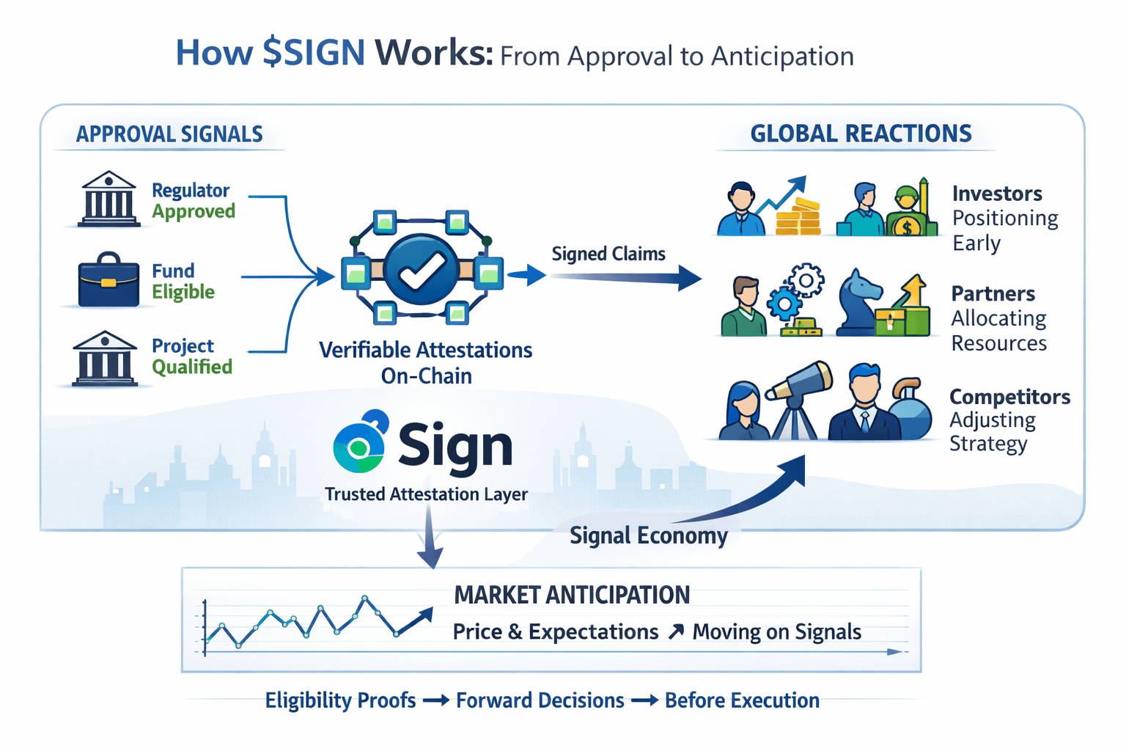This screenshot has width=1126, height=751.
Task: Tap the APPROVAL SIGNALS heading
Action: [169, 134]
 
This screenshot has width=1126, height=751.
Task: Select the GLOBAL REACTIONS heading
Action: [861, 133]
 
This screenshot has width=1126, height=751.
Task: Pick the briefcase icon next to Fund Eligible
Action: [108, 281]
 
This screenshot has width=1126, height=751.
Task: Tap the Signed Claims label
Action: [608, 254]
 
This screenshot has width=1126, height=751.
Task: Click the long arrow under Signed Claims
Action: [623, 278]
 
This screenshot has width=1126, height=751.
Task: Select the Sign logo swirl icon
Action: [359, 443]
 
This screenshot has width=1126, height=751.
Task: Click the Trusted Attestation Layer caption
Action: [426, 494]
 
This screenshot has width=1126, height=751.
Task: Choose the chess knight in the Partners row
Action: [858, 301]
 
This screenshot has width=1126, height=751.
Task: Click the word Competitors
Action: [1009, 397]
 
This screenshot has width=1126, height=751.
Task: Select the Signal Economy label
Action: [649, 535]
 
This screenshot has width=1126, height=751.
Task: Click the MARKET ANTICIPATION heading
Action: [572, 595]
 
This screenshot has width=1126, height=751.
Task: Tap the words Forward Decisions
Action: [540, 700]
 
